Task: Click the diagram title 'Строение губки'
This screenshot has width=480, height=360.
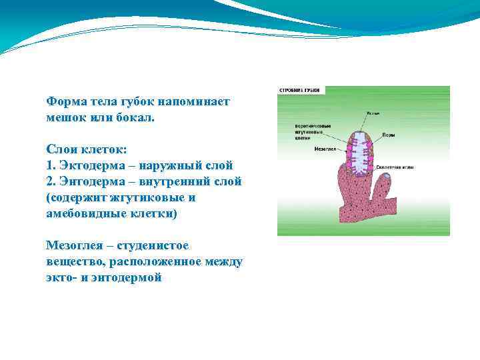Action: (x=300, y=90)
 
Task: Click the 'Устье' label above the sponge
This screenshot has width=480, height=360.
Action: (x=373, y=114)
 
